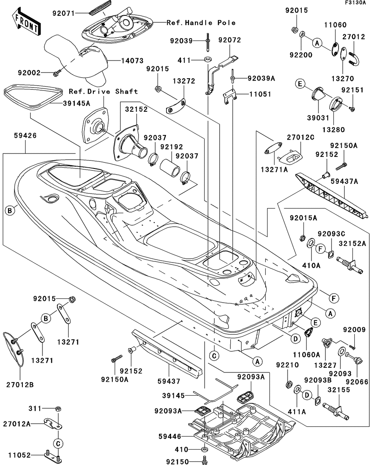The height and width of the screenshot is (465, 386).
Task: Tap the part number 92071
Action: tap(63, 13)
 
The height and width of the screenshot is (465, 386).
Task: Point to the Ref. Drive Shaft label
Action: tap(103, 91)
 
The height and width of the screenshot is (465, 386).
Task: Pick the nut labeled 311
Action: tap(58, 408)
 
